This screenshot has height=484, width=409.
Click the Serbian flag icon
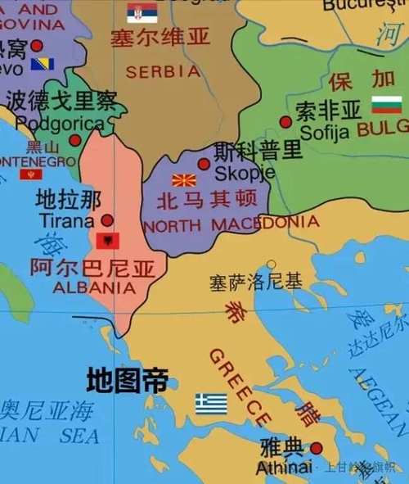click(142, 11)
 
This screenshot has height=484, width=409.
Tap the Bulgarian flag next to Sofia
click(386, 105)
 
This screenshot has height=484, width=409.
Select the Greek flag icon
click(211, 403)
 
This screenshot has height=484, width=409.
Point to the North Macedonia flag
click(184, 179)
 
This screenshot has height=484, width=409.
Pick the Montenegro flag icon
click(31, 174)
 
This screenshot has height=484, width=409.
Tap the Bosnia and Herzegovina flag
click(43, 64)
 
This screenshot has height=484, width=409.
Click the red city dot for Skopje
click(204, 164)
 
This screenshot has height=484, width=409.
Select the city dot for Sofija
click(285, 121)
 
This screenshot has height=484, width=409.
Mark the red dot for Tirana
click(107, 220)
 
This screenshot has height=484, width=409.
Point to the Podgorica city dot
click(75, 140)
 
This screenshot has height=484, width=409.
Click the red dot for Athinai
click(316, 448)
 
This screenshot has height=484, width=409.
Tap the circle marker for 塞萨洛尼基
click(271, 265)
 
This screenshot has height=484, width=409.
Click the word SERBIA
click(163, 71)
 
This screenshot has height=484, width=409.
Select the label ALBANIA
click(94, 287)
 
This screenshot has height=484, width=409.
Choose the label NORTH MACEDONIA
click(231, 224)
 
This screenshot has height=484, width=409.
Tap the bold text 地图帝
click(128, 380)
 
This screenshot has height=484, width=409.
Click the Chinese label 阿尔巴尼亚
click(92, 268)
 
